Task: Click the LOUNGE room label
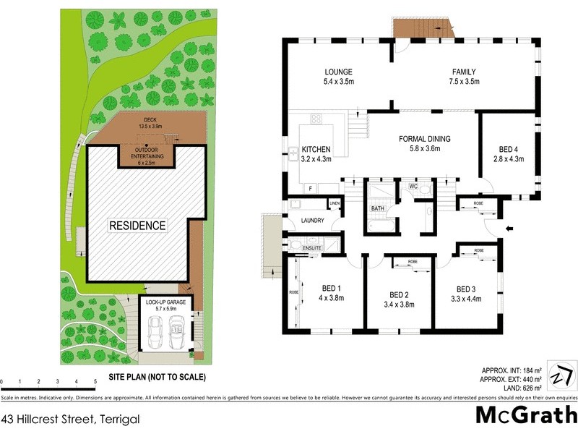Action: coord(338,72)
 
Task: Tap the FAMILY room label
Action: coord(464,72)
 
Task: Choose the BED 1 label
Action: coord(332,289)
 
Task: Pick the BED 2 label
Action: coord(400,294)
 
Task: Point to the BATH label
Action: coord(376,210)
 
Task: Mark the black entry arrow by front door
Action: coord(510,229)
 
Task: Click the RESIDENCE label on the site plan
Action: coord(137,226)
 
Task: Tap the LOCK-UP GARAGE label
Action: coord(166,302)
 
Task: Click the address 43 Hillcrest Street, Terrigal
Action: coord(69,418)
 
